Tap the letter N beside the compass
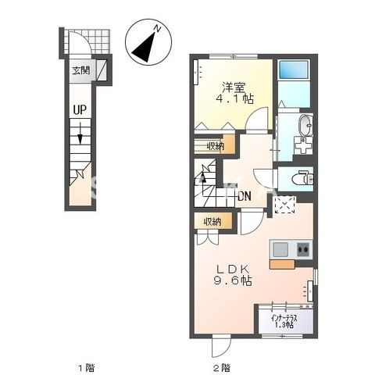coord(159,29)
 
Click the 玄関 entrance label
coord(80,71)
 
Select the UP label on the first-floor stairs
coord(80,110)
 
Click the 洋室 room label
coord(235,87)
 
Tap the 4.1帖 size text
coord(235,100)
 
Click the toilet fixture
coord(300,178)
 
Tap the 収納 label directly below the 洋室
coord(215,145)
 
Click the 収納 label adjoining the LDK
coord(212,222)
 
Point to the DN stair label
coord(243,196)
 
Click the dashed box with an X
coord(284,205)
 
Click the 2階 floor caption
coord(221,366)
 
